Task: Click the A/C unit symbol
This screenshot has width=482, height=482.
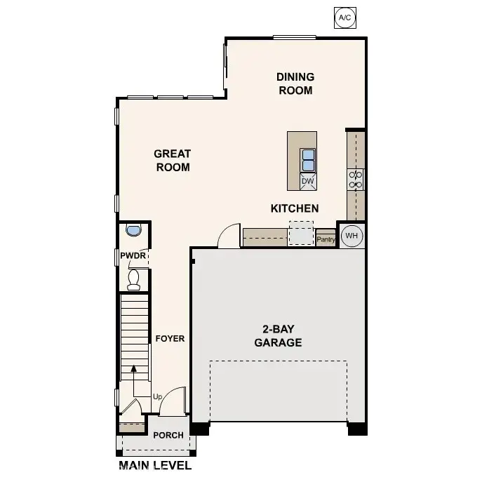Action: pyautogui.click(x=344, y=17)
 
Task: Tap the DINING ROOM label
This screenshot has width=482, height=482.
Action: pyautogui.click(x=295, y=83)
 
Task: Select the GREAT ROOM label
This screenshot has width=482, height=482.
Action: pyautogui.click(x=173, y=160)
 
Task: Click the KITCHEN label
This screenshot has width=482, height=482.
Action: pyautogui.click(x=295, y=208)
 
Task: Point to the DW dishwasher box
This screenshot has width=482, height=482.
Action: pyautogui.click(x=307, y=181)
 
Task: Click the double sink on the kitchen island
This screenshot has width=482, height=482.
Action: pyautogui.click(x=307, y=161)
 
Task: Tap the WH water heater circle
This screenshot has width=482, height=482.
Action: pyautogui.click(x=352, y=236)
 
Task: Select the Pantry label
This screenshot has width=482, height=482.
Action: pyautogui.click(x=326, y=239)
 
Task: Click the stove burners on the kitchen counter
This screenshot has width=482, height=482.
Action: pyautogui.click(x=356, y=180)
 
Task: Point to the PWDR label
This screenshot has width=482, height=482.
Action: pyautogui.click(x=133, y=256)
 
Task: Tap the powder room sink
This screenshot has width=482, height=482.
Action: pyautogui.click(x=133, y=231)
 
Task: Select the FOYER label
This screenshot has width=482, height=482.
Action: pyautogui.click(x=170, y=339)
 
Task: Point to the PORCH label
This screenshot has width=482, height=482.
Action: pyautogui.click(x=168, y=435)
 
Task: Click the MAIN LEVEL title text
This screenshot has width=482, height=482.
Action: pyautogui.click(x=155, y=465)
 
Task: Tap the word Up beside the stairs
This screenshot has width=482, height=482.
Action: pyautogui.click(x=157, y=397)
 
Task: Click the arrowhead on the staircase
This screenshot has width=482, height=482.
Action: pyautogui.click(x=133, y=368)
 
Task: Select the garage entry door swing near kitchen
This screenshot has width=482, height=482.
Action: pyautogui.click(x=229, y=237)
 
